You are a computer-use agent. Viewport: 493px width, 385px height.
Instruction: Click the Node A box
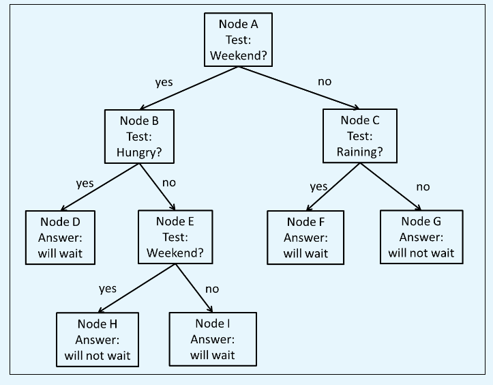coord(239,40)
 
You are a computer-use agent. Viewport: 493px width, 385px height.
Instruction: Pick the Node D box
coord(59,237)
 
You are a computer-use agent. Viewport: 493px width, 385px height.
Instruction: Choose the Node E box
coord(175,237)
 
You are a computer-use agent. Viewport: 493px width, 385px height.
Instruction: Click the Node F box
coord(305,237)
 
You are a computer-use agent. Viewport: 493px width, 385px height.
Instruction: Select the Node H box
coord(98,339)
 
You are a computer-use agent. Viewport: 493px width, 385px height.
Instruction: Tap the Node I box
coord(213,339)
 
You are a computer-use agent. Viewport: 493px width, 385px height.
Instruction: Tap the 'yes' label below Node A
coord(164,83)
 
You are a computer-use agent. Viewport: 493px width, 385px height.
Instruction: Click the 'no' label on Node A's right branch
coord(325,81)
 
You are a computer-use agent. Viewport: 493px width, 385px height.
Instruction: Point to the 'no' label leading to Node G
coord(423,186)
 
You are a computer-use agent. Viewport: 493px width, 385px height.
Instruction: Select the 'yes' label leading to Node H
coord(108,289)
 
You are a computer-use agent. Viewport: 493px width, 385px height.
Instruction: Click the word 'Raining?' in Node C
coord(359,151)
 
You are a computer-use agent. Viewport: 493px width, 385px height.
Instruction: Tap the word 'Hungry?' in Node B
coord(139,151)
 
